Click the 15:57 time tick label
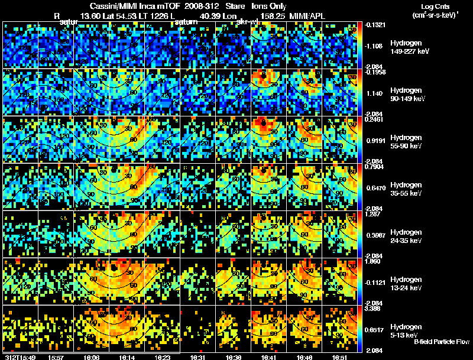57,357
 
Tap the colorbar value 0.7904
375,167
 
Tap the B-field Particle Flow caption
442,342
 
